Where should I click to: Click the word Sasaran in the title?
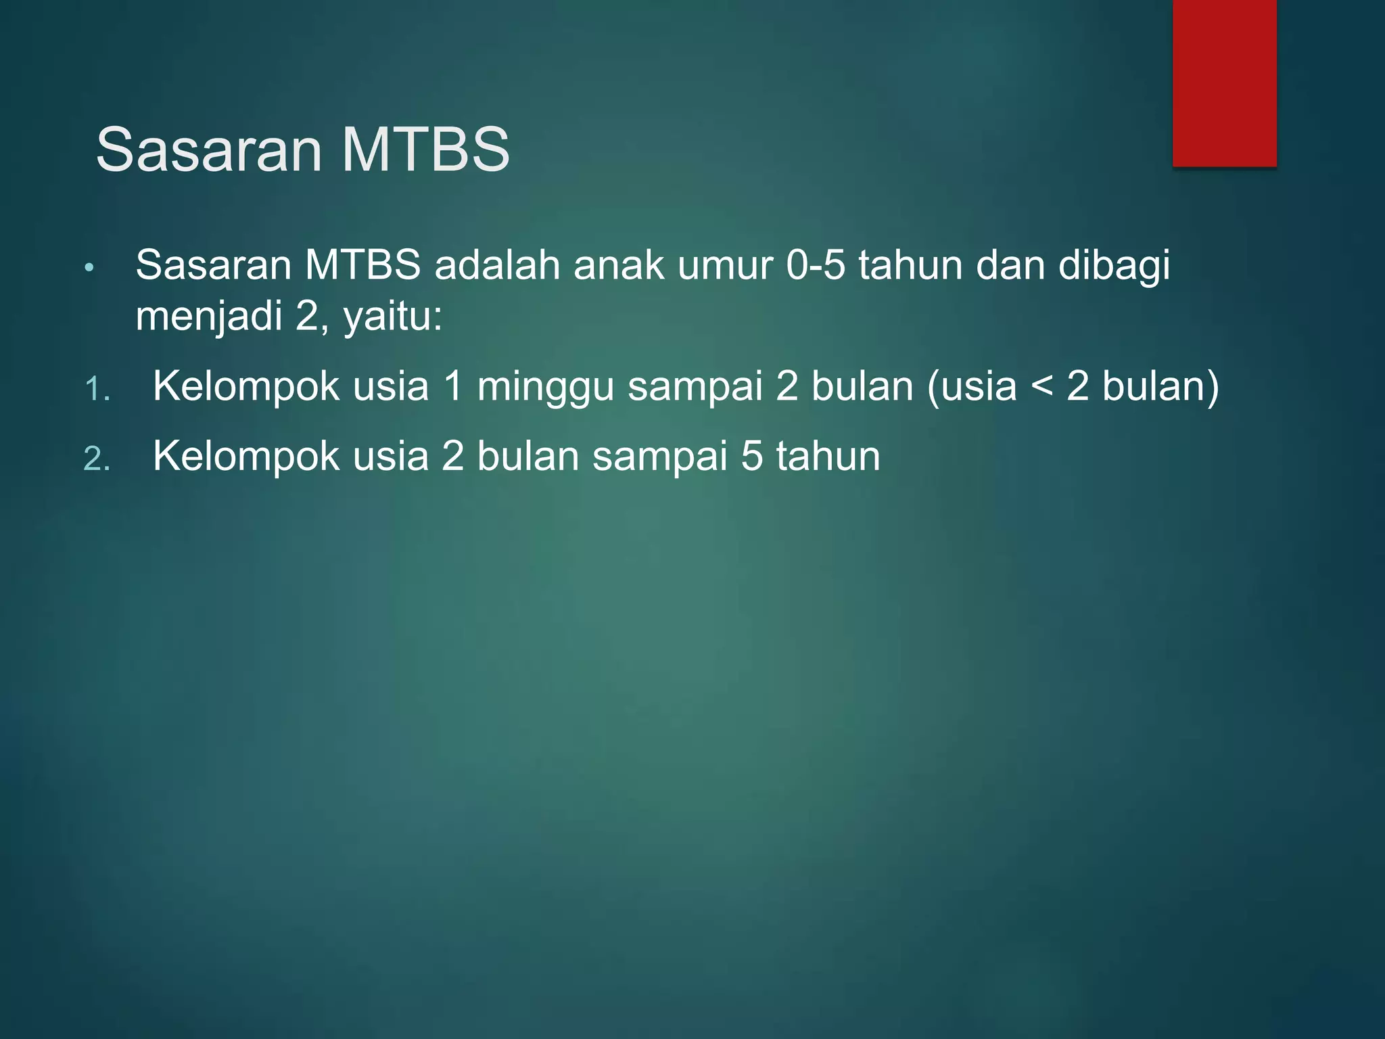(209, 150)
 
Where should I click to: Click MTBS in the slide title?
(425, 150)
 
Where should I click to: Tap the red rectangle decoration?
(1224, 83)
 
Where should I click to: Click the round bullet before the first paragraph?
(89, 269)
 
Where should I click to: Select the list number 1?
(97, 390)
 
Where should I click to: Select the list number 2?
(97, 459)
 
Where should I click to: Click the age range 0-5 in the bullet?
(816, 265)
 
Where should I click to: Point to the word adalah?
(497, 265)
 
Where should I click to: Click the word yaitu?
(392, 317)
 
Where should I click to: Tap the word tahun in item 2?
(828, 456)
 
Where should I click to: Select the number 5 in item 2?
(752, 456)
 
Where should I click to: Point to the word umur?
(725, 265)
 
